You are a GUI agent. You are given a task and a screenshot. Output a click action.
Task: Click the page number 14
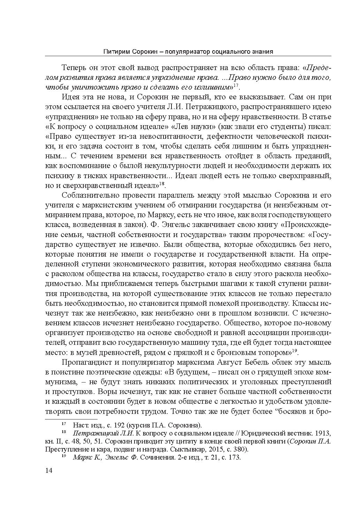(x=48, y=471)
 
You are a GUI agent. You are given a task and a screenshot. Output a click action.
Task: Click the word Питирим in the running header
(x=117, y=52)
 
